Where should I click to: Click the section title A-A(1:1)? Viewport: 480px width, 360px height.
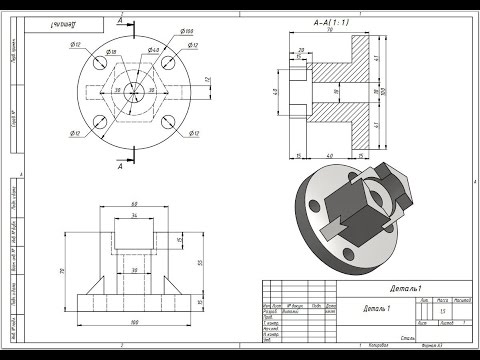(x=332, y=21)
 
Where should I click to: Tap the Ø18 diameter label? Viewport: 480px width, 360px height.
(x=111, y=50)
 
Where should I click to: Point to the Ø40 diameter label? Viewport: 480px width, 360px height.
(x=153, y=50)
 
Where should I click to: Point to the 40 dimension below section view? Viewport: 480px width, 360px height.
(x=330, y=156)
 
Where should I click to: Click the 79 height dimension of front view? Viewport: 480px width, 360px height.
(x=61, y=270)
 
